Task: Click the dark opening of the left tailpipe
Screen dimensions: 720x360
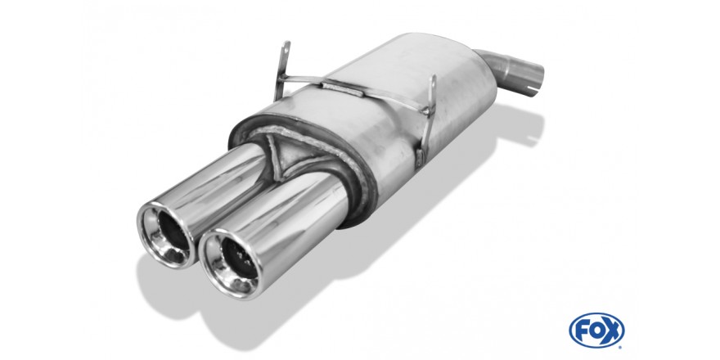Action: click(x=173, y=236)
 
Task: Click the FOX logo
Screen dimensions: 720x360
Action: click(x=596, y=331)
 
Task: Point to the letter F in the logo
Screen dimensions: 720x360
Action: click(x=580, y=331)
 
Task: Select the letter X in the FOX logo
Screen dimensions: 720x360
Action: click(x=613, y=331)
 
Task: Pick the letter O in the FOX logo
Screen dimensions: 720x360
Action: click(x=596, y=331)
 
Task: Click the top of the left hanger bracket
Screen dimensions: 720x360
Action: click(x=286, y=47)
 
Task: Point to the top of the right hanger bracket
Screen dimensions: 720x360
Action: click(x=432, y=81)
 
